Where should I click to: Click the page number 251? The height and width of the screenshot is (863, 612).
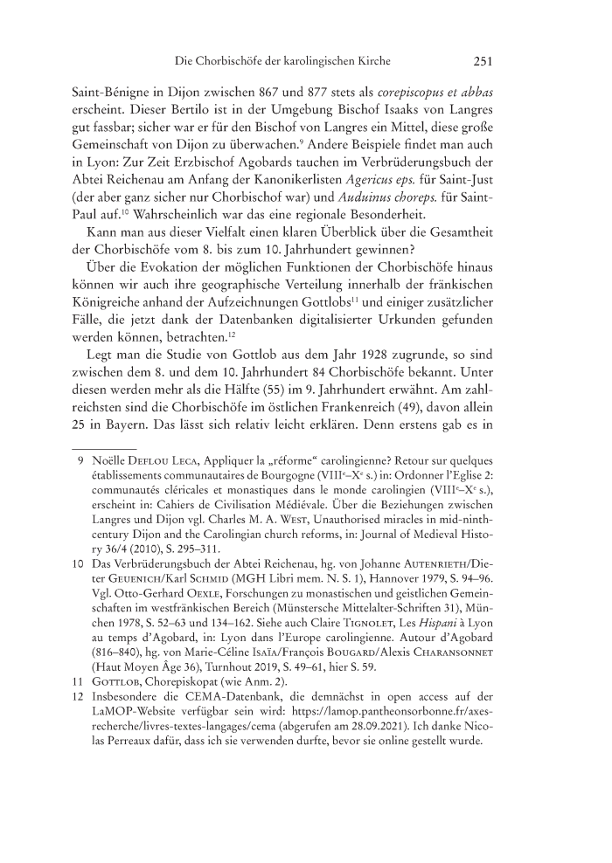coord(484,62)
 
